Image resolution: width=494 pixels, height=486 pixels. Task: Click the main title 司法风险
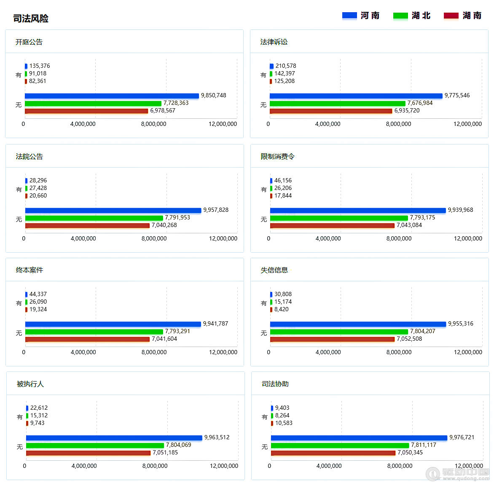[31, 19]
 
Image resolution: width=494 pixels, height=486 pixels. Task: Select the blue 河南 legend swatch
[349, 16]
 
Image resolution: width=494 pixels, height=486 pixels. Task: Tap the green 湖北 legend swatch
[400, 16]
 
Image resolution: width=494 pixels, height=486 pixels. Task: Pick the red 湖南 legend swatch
[451, 16]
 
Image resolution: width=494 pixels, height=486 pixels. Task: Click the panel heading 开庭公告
[29, 42]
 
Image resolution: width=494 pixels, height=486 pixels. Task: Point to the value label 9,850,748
[213, 96]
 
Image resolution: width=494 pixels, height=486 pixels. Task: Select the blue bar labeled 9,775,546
[356, 96]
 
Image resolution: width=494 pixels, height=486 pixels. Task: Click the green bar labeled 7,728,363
[93, 104]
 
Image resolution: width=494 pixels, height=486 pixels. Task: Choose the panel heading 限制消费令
[277, 157]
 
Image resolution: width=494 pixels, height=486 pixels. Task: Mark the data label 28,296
[38, 181]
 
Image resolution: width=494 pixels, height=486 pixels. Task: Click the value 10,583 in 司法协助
[284, 423]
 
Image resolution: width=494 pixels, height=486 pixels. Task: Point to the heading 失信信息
[274, 270]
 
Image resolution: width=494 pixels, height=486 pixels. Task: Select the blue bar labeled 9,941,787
[113, 324]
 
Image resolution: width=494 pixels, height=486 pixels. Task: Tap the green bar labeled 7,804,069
[95, 446]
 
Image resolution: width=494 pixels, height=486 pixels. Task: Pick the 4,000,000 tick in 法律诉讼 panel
[328, 124]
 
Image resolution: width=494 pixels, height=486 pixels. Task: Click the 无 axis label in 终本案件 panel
[19, 333]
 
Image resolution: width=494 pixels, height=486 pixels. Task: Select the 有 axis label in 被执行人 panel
[20, 417]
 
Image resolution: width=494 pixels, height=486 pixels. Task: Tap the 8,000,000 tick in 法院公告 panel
[154, 239]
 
